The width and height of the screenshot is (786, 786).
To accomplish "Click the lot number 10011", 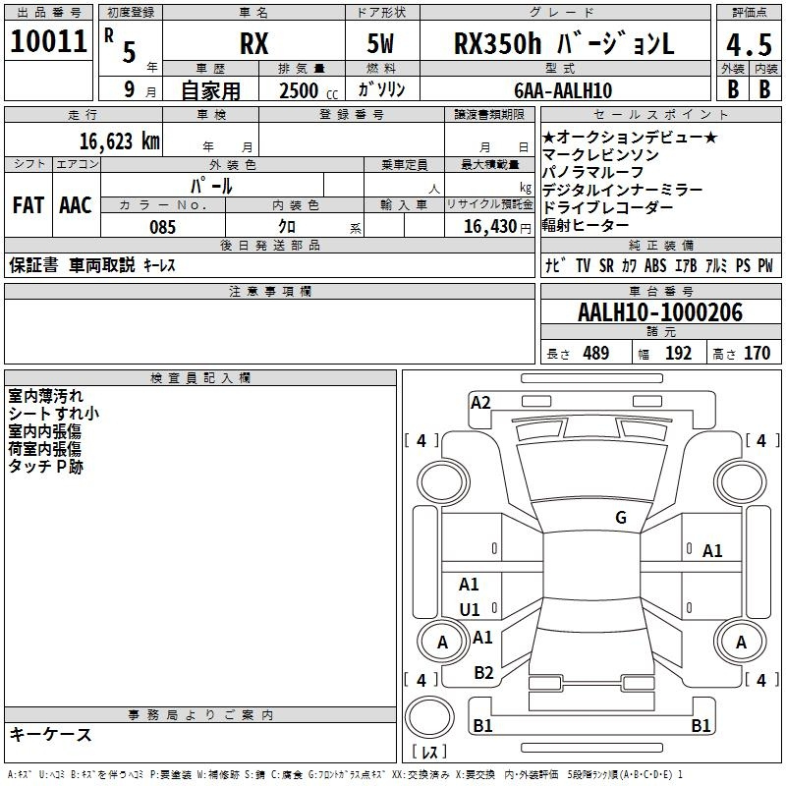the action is [48, 41].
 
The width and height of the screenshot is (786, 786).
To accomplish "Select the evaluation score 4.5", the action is [749, 44].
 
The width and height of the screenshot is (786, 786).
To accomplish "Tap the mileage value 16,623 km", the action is [119, 141].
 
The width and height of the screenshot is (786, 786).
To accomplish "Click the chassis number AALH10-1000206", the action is [660, 312].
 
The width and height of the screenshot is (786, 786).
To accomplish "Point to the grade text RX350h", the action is [498, 43].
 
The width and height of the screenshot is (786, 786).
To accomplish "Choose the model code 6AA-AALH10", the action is [563, 90].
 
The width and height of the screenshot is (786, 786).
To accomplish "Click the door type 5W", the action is [380, 43].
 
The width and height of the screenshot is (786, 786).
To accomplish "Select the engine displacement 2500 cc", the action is [309, 90].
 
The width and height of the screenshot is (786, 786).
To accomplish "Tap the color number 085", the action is [162, 227].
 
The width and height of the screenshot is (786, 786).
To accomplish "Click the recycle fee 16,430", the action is [489, 227].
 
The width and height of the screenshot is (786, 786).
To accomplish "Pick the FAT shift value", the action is [28, 205].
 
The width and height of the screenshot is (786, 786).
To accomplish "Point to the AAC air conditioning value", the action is [76, 205].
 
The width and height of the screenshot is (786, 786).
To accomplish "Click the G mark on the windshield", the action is [621, 518].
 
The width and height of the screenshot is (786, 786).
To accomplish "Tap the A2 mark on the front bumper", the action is [480, 403].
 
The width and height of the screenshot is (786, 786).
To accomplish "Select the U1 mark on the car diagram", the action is [470, 609].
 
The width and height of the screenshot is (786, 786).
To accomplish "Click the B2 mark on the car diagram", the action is [483, 673].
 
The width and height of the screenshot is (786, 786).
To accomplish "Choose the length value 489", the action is [596, 354].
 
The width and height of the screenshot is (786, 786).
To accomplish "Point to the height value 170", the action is [757, 354].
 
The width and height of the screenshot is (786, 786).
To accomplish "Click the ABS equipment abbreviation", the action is [655, 265].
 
